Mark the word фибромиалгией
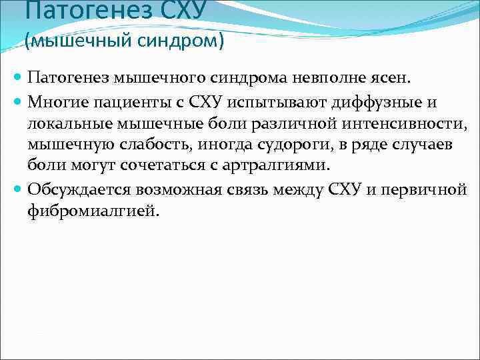pos(93,211)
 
